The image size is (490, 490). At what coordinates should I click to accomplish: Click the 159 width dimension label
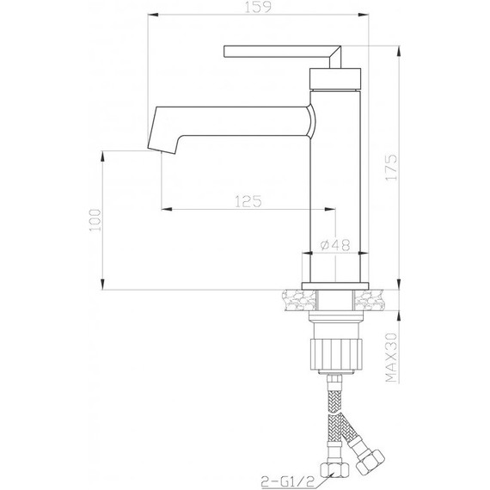pos(258,7)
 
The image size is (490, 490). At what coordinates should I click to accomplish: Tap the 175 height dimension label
pos(391,167)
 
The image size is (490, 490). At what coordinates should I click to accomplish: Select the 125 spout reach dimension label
pos(248,201)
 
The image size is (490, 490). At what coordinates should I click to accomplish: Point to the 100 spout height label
pos(95,220)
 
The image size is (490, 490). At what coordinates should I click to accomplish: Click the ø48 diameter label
pos(335,245)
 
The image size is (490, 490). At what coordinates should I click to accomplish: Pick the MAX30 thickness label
pos(391,358)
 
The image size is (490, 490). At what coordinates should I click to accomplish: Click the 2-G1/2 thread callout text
pos(288,481)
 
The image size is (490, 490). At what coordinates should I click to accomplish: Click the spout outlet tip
pos(162,150)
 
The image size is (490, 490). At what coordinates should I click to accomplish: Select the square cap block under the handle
pos(335,78)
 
